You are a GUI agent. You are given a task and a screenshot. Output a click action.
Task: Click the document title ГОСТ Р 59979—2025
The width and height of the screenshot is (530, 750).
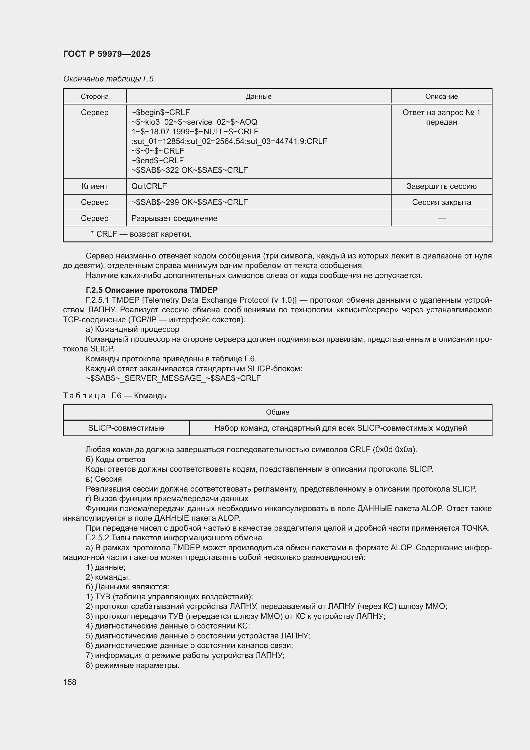click(x=107, y=54)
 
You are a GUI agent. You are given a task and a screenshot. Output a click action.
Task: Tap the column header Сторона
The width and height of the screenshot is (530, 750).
click(x=95, y=97)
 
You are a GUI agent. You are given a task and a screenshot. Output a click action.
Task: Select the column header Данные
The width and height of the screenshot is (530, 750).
click(x=259, y=97)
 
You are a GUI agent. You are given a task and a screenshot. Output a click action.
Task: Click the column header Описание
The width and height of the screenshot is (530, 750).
click(x=441, y=97)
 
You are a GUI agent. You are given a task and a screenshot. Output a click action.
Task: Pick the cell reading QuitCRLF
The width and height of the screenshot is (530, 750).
click(x=149, y=186)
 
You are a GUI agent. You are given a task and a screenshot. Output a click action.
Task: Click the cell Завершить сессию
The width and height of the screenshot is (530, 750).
click(x=441, y=186)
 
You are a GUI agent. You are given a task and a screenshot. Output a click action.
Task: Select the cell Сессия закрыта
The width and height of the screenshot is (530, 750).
click(x=441, y=202)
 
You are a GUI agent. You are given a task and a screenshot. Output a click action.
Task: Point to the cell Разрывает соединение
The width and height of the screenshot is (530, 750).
click(x=174, y=218)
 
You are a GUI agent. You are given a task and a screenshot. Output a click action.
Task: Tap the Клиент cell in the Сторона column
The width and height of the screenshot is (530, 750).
click(x=95, y=186)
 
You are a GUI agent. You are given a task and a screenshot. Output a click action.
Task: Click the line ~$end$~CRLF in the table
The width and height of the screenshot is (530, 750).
click(x=157, y=160)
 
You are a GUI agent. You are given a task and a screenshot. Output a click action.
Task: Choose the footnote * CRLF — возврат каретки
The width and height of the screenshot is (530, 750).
click(x=141, y=234)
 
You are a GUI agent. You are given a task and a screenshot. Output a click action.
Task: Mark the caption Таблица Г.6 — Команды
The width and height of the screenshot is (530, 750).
click(x=115, y=396)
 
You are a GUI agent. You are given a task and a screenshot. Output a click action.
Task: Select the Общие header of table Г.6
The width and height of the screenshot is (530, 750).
click(x=277, y=412)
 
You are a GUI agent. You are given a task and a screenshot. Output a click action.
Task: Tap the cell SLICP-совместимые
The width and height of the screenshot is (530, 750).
click(x=126, y=428)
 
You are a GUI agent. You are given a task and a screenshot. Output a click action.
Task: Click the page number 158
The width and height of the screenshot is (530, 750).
click(x=70, y=682)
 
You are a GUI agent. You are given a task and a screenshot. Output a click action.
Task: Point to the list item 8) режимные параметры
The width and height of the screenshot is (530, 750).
click(x=133, y=665)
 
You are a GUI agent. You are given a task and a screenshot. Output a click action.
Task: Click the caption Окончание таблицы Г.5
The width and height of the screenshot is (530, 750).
click(x=108, y=79)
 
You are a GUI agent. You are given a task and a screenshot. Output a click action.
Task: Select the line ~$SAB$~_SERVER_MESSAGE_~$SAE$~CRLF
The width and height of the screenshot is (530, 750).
click(x=173, y=378)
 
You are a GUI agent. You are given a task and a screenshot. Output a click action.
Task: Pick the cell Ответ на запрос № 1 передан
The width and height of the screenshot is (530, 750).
click(x=441, y=117)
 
